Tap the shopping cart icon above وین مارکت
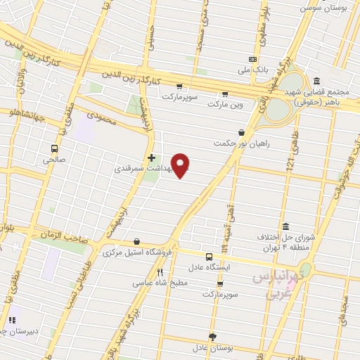tap(225, 94)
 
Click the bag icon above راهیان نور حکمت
tap(242, 132)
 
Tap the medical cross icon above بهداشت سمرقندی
tap(151, 157)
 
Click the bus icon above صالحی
tap(54, 148)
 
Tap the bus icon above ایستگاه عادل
tap(209, 257)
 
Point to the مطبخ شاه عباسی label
tap(160, 283)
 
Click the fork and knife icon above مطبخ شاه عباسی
tap(160, 272)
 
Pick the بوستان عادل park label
tap(213, 348)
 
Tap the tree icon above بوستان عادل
tap(213, 337)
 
